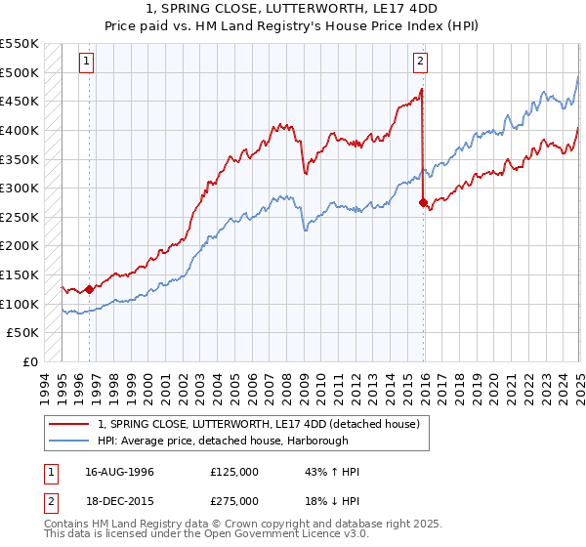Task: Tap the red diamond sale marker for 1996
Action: pyautogui.click(x=89, y=288)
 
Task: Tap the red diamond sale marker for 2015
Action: pyautogui.click(x=423, y=203)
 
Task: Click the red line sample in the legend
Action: pyautogui.click(x=68, y=424)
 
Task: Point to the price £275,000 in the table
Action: pyautogui.click(x=234, y=501)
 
